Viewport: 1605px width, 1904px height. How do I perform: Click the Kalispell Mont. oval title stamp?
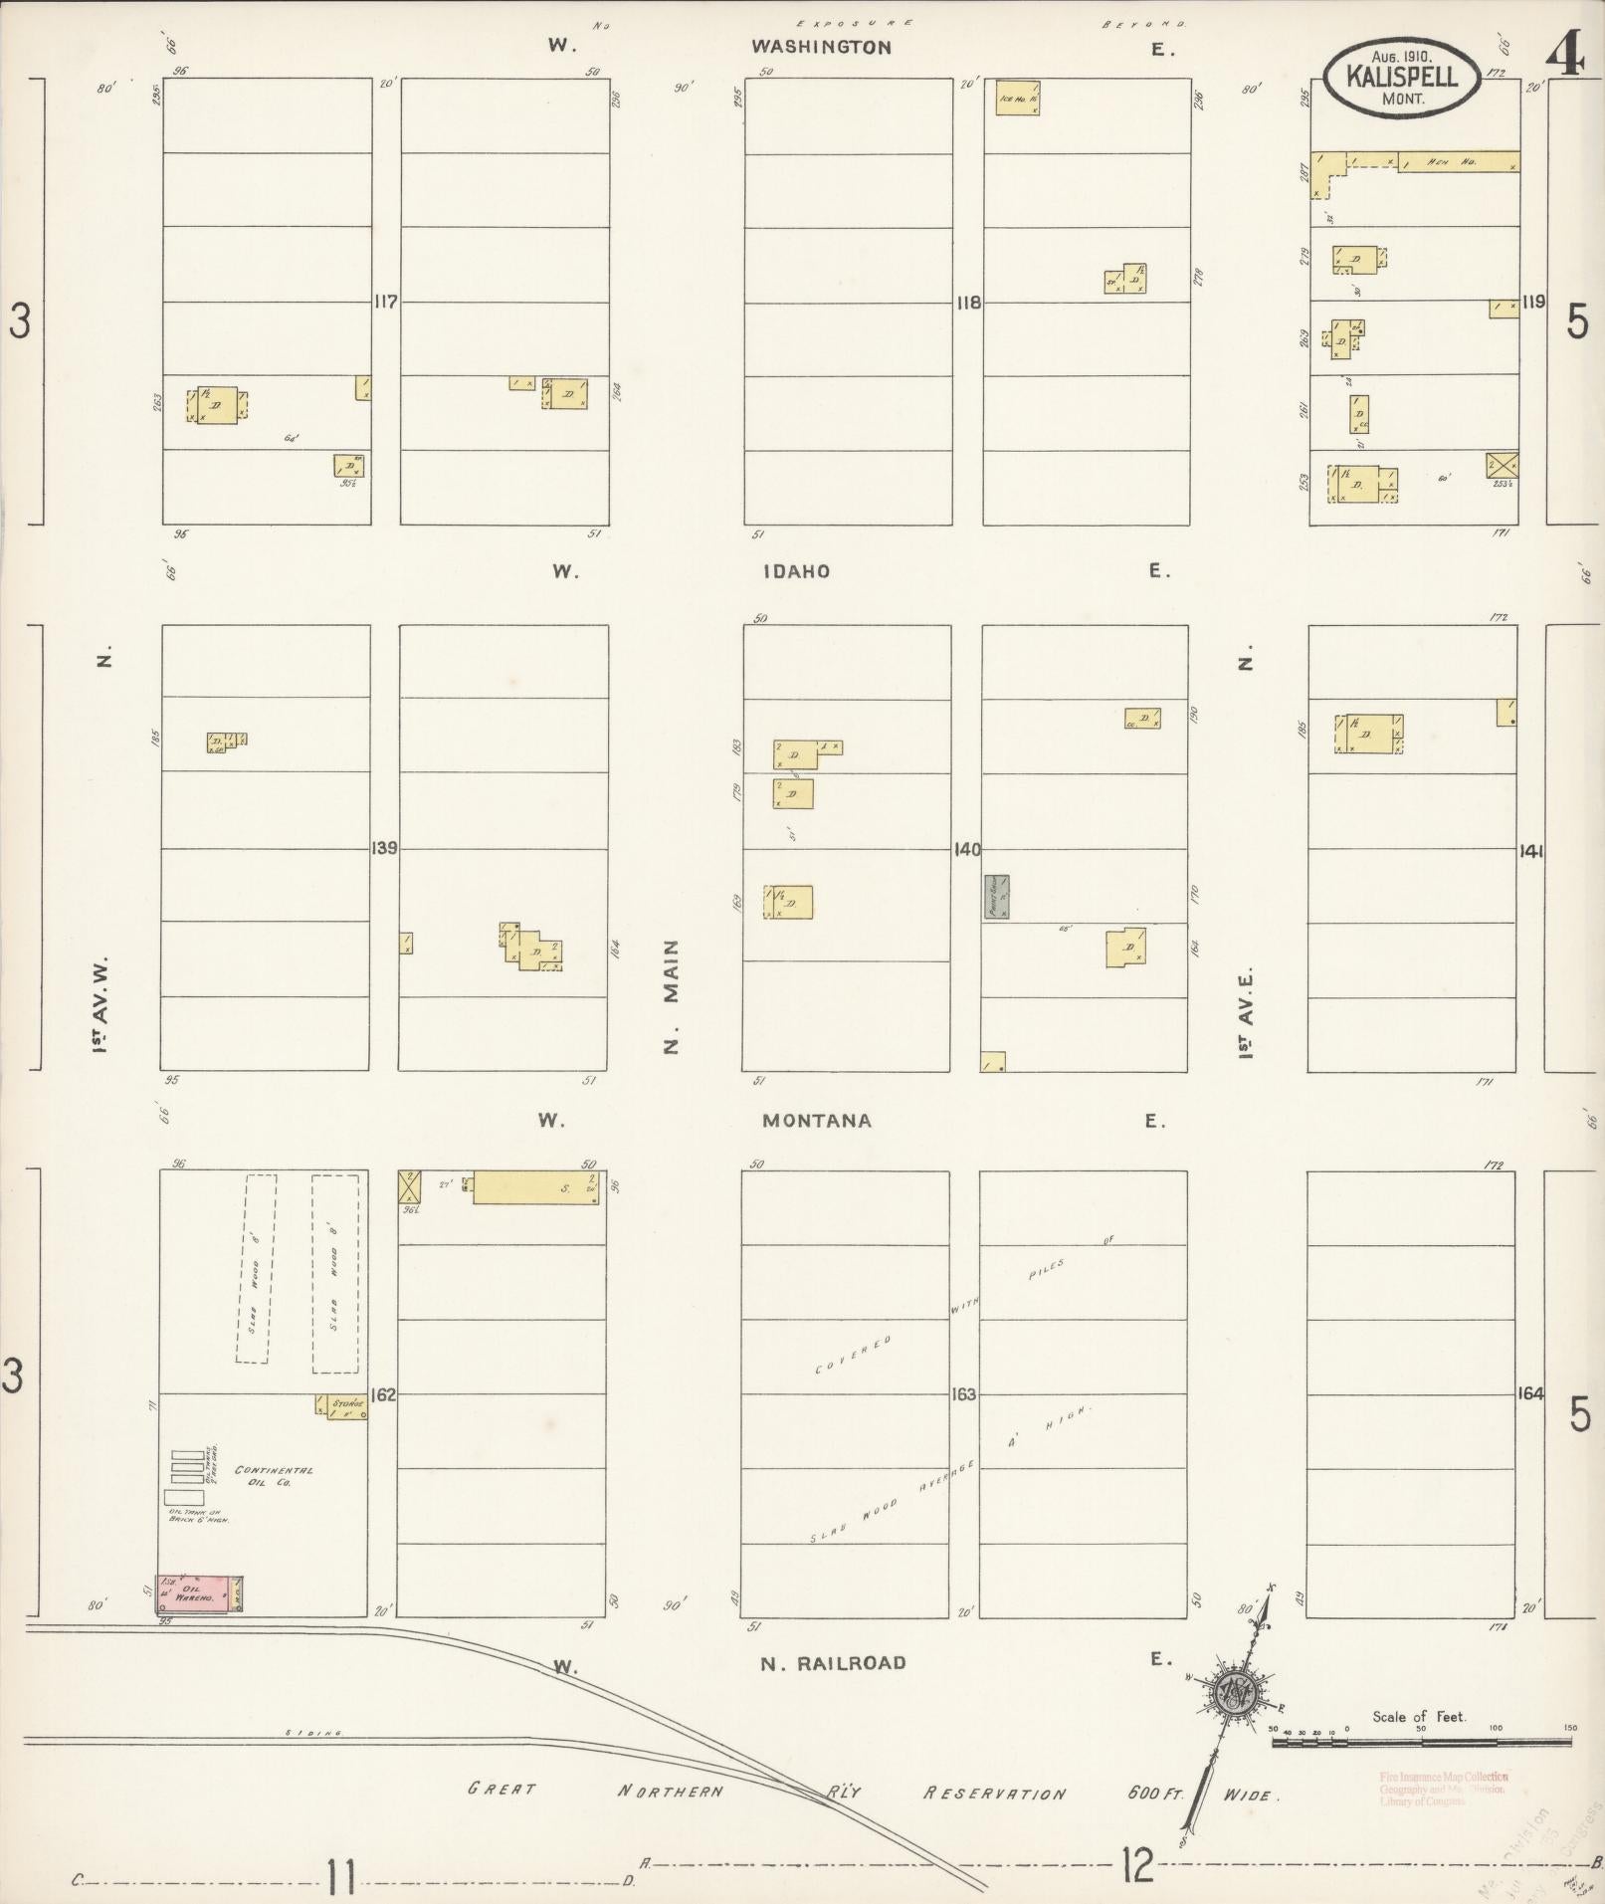1401,78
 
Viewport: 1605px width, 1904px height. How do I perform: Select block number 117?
385,302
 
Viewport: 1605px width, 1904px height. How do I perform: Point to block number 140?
966,849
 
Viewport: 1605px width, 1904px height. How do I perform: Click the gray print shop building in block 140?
997,896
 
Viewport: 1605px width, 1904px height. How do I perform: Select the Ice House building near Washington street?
1018,98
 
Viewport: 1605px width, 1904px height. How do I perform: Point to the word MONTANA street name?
817,1121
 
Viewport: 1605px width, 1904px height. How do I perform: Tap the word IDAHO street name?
796,571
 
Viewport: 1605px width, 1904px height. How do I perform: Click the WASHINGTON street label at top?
821,47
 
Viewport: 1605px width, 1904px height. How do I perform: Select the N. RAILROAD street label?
833,1663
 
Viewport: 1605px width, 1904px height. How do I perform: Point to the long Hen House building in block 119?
1458,161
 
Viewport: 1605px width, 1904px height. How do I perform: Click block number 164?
1529,1393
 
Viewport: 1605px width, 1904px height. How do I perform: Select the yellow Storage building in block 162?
341,1405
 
